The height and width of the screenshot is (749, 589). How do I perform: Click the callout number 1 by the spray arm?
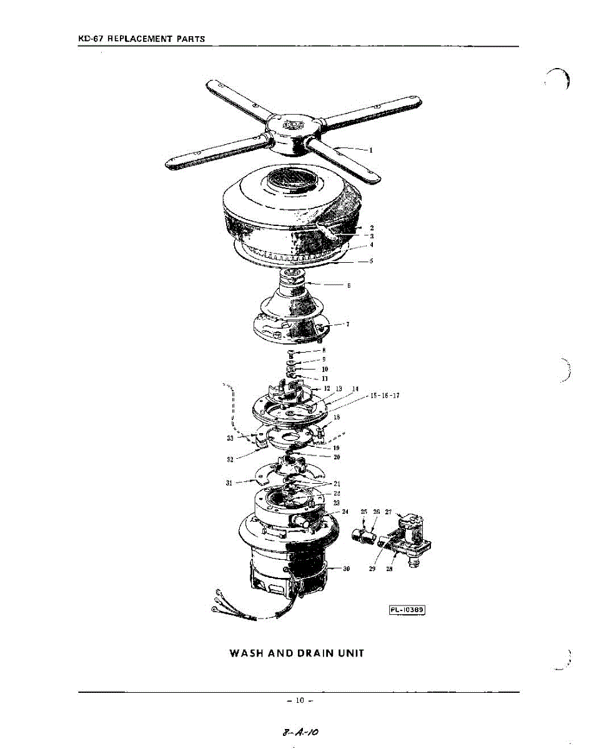(x=371, y=150)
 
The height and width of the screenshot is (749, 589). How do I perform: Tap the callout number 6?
(x=349, y=286)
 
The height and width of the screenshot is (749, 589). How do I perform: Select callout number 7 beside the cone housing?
(x=347, y=325)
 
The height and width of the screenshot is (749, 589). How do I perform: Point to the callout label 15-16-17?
(x=385, y=396)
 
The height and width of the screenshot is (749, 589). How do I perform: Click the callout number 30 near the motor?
(x=346, y=569)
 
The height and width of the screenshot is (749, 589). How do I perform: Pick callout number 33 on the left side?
(x=230, y=438)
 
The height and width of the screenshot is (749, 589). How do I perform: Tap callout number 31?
(x=229, y=482)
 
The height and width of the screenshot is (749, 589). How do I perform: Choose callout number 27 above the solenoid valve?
(x=388, y=512)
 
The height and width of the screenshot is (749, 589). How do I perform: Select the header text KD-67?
(x=91, y=39)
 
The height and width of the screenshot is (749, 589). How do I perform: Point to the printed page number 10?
(x=299, y=701)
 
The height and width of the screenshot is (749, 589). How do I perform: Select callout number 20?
(x=337, y=458)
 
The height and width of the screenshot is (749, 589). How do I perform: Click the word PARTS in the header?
(x=191, y=39)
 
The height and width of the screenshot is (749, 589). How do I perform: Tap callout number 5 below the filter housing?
(x=371, y=262)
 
